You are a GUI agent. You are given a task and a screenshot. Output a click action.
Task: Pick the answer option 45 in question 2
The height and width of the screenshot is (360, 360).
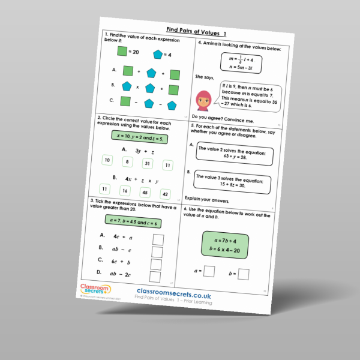145,193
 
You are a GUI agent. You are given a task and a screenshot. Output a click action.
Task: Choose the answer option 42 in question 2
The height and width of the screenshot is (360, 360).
165,194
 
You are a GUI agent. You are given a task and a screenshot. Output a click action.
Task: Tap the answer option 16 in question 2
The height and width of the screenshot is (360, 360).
124,191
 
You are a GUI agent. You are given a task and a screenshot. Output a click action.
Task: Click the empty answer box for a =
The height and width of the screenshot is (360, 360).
209,272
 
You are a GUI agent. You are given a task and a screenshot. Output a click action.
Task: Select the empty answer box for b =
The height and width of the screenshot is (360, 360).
245,275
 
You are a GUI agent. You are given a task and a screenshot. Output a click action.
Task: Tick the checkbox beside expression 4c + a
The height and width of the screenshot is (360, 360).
157,239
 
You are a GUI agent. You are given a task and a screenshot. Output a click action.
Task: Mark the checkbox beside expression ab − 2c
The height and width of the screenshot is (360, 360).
155,277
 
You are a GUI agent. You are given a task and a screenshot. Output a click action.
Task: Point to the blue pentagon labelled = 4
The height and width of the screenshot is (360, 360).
158,55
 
